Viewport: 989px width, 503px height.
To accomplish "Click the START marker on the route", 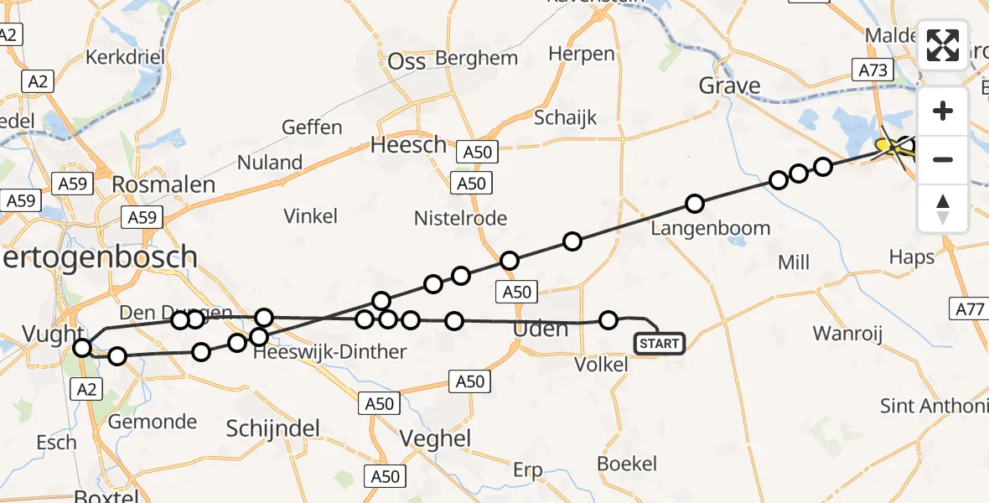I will coord(660,344).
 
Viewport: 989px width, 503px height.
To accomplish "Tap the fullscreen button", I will coord(943,45).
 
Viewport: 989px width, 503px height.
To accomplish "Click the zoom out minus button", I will coord(943,159).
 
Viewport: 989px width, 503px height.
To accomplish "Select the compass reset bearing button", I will coord(943,209).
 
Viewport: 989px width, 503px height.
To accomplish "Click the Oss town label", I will coord(407,61).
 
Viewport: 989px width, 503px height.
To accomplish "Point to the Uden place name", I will coord(540,329).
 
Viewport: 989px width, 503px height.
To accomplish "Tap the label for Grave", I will coord(729,86).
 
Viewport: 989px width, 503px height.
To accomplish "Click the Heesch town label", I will coord(409,145).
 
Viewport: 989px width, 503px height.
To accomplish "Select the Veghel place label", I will coord(436,438).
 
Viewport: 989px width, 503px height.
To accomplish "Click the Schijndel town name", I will coord(273,429).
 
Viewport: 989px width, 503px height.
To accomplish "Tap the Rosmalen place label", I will coord(163,184).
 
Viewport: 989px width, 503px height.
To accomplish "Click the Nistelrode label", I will coord(460,219).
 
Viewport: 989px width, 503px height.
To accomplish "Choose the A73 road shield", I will coord(872,70).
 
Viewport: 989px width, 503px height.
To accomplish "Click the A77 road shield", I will coord(971,310).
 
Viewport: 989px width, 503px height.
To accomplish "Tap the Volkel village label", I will coord(601,365).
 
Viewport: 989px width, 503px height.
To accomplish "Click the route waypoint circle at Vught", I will coord(82,348).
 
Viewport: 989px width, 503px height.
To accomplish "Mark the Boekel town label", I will coord(627,464).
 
